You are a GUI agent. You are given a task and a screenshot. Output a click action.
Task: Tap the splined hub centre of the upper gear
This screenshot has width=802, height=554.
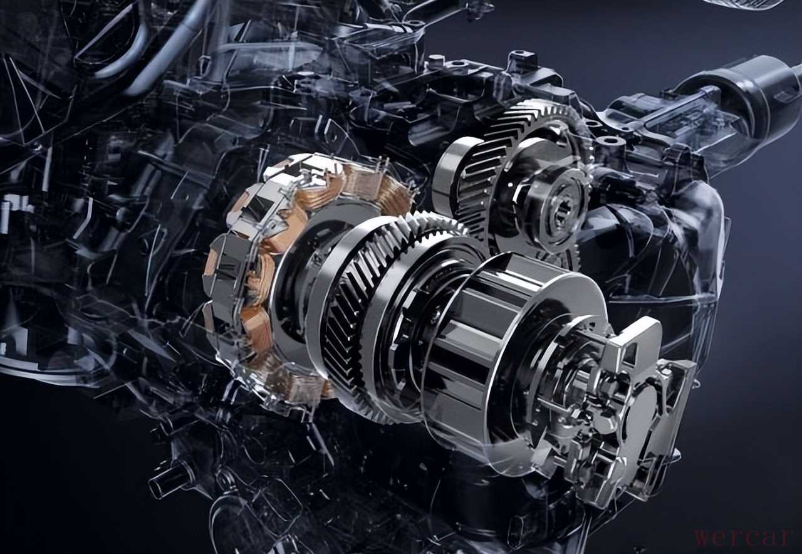click(x=560, y=214)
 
